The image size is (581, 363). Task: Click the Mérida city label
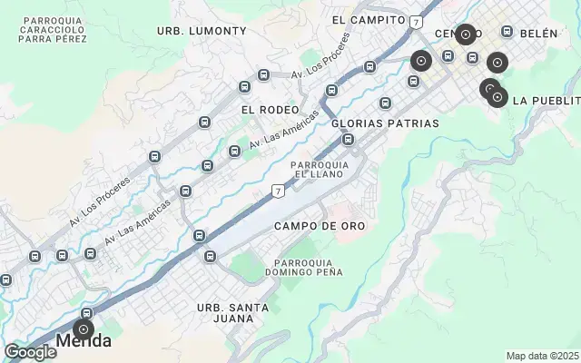(84, 342)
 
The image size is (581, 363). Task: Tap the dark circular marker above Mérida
(83, 329)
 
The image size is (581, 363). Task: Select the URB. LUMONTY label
(202, 31)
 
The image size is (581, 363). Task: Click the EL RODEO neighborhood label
(270, 110)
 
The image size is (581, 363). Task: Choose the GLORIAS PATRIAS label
(385, 123)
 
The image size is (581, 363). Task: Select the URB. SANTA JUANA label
(233, 313)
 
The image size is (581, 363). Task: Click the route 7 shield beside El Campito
(415, 21)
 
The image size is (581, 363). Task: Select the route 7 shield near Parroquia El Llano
(279, 191)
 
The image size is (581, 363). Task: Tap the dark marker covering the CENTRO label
(466, 34)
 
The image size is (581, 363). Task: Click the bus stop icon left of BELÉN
(507, 32)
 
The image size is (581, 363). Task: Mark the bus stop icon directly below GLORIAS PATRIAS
(349, 139)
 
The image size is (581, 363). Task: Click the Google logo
(30, 352)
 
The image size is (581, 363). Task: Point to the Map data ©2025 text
(541, 356)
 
